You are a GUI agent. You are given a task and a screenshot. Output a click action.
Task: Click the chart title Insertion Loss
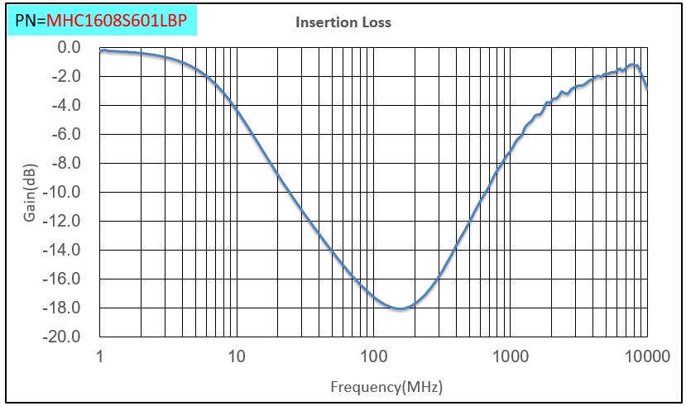pos(343,23)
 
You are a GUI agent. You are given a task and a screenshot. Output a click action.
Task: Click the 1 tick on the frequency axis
pos(100,357)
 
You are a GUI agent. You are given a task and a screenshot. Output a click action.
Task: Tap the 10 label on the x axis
pos(237,357)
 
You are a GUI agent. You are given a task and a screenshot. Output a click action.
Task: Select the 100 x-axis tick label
pos(373,357)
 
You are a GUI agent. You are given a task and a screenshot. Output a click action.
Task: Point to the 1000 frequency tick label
pos(510,357)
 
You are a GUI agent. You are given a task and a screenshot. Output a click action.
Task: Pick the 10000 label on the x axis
pos(646,357)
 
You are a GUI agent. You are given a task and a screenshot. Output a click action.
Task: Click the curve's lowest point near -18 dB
pos(401,308)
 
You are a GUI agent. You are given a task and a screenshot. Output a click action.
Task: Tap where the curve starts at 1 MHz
pos(101,50)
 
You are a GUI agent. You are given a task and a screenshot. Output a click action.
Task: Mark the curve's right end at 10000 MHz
pos(646,86)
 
